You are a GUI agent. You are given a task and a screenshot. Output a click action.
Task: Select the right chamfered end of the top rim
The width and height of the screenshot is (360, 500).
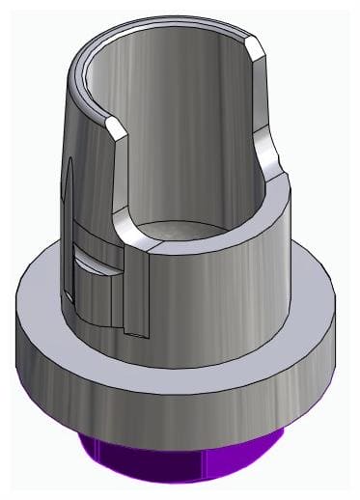[254, 47]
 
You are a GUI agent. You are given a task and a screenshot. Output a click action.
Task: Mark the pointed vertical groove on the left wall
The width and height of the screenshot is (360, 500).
[70, 193]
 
